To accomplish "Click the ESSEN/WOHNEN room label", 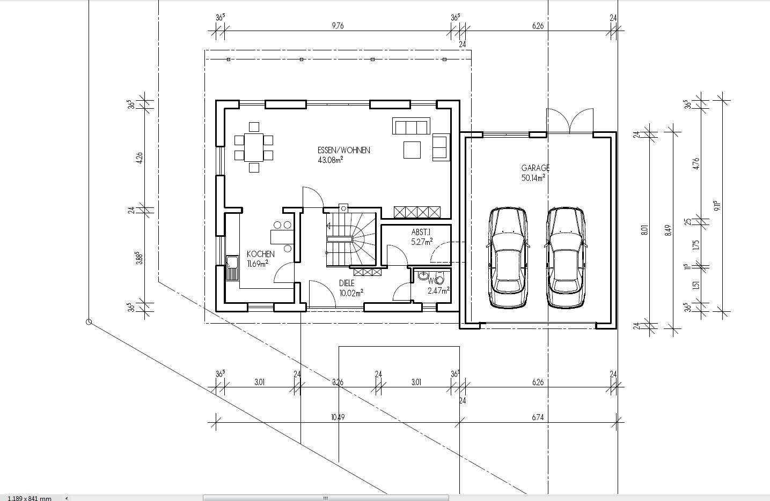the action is tap(344, 150).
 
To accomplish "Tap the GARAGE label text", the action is tap(535, 168).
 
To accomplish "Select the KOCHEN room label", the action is tap(261, 255).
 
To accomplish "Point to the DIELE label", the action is tap(347, 283).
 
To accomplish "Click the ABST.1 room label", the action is tap(421, 233).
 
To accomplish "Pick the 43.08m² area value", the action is tap(331, 160).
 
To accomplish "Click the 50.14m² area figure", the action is tap(533, 178).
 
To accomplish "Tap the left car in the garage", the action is tap(508, 258).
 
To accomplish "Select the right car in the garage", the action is tap(566, 258).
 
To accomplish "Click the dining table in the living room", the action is tap(254, 147).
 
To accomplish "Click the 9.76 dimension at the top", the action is tap(338, 26).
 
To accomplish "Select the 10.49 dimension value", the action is tap(338, 417).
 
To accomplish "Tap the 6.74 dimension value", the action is tap(538, 417).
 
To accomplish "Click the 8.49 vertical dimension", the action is tap(668, 230).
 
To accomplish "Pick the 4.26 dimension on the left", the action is tap(139, 158).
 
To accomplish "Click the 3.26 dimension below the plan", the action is tap(338, 382).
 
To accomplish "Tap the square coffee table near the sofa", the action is tap(412, 150).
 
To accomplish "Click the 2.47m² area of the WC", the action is tap(438, 291).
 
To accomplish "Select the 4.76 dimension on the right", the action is tap(696, 163).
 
